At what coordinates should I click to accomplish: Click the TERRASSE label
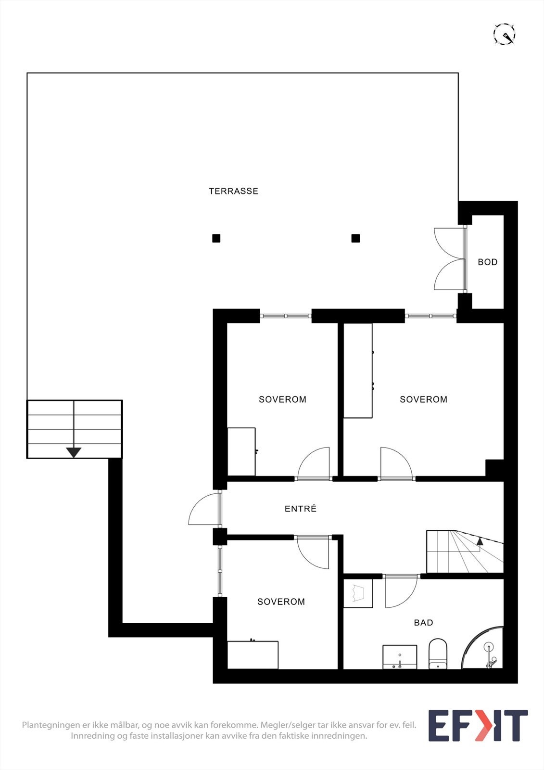click(233, 191)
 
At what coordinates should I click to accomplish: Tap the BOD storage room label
click(488, 262)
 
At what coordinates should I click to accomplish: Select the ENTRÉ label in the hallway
click(300, 508)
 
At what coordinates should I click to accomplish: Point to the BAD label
click(423, 623)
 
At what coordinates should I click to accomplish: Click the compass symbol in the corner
click(505, 34)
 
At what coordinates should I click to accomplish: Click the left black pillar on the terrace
click(216, 238)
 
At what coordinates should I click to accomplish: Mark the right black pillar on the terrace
click(355, 238)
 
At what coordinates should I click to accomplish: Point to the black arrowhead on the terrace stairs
click(74, 452)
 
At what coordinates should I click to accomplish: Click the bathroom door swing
click(401, 592)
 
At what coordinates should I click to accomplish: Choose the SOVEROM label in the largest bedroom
click(423, 399)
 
